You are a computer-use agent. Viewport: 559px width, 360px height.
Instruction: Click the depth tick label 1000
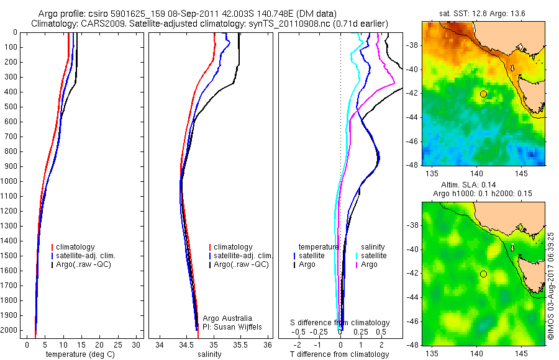10,181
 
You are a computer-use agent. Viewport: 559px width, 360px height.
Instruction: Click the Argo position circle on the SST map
483,94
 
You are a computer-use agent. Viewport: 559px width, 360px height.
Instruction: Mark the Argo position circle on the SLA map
483,274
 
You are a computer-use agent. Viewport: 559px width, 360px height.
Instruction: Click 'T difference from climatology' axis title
340,354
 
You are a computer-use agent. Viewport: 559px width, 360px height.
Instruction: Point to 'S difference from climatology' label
340,323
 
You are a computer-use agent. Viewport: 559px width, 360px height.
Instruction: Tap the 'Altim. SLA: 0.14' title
483,186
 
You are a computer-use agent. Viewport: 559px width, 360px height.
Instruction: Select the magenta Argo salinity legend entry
369,264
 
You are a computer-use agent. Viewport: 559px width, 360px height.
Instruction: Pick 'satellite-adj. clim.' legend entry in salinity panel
242,256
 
